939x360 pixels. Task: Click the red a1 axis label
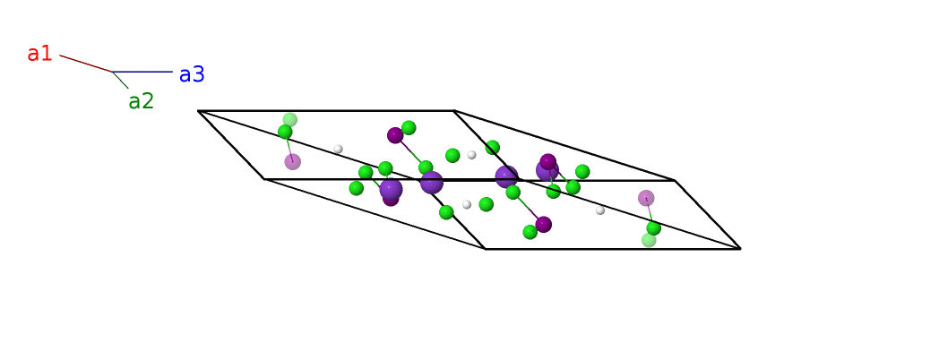click(39, 54)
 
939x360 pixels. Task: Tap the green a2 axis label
click(142, 101)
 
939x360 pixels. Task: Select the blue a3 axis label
click(193, 74)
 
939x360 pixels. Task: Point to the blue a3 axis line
click(142, 72)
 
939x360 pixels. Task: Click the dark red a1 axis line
click(86, 64)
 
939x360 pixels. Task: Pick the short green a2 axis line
click(120, 80)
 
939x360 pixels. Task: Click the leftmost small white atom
click(338, 149)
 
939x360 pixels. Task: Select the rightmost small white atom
click(600, 210)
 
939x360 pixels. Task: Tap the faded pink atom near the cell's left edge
click(292, 162)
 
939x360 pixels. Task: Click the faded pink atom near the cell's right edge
click(646, 198)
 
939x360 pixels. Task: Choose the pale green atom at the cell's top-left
click(289, 119)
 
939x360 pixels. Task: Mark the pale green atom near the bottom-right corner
click(649, 240)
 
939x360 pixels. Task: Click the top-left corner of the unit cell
click(198, 111)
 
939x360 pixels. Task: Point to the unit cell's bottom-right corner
click(740, 248)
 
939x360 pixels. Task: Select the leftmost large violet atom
click(391, 189)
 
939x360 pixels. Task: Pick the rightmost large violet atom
click(547, 170)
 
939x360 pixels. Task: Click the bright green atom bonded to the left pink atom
click(285, 132)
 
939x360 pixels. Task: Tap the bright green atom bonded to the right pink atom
click(653, 228)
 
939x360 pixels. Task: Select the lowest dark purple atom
click(543, 225)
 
